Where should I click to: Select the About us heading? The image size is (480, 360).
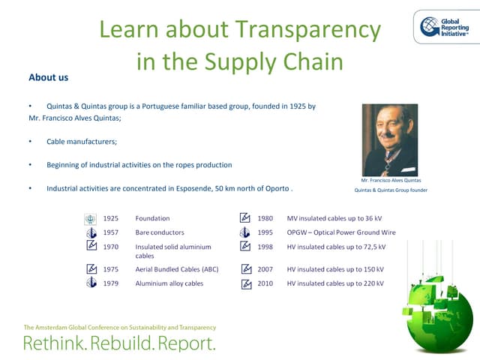coord(48,77)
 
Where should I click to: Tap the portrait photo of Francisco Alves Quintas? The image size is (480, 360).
coord(389,139)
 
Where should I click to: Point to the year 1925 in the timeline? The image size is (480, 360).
coord(111,218)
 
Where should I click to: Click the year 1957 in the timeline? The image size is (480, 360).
coord(111,232)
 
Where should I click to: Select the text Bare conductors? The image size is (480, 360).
coord(159,232)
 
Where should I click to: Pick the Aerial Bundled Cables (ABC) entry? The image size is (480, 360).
coord(176,268)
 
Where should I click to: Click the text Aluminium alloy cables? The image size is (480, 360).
coord(169,283)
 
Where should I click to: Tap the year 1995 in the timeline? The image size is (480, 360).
coord(265,232)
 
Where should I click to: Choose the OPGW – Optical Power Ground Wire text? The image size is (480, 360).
coord(341,232)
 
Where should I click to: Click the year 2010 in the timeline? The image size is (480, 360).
coord(265,283)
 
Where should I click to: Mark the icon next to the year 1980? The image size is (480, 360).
coord(244,218)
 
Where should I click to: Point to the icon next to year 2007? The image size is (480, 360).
coord(245,269)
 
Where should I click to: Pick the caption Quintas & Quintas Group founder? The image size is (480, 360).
coord(390,190)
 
